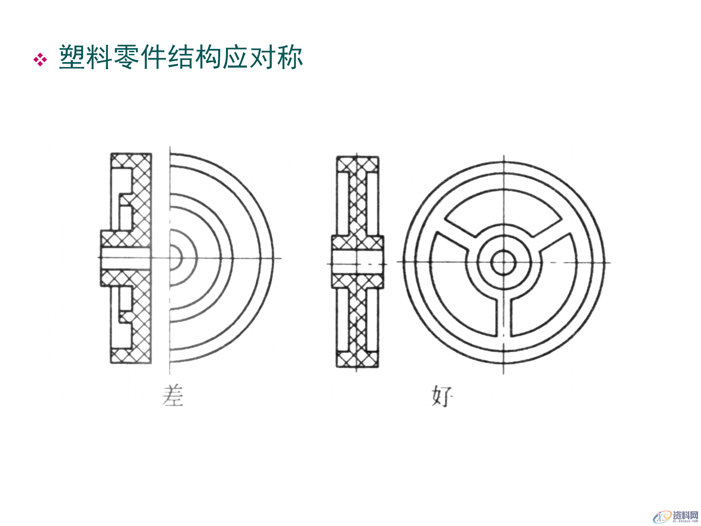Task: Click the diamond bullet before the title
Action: [x=40, y=60]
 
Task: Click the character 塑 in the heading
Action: [x=72, y=57]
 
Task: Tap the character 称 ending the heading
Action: [x=290, y=57]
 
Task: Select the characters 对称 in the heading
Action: [x=276, y=57]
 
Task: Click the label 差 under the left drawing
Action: [x=173, y=396]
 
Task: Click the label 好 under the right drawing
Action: [x=442, y=396]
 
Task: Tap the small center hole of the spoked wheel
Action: [x=503, y=262]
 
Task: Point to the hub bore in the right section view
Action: [x=357, y=263]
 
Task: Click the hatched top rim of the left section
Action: [x=131, y=160]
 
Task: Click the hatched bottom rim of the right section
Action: [x=357, y=359]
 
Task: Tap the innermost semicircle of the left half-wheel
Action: [x=176, y=258]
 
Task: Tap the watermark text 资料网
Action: [x=685, y=515]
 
